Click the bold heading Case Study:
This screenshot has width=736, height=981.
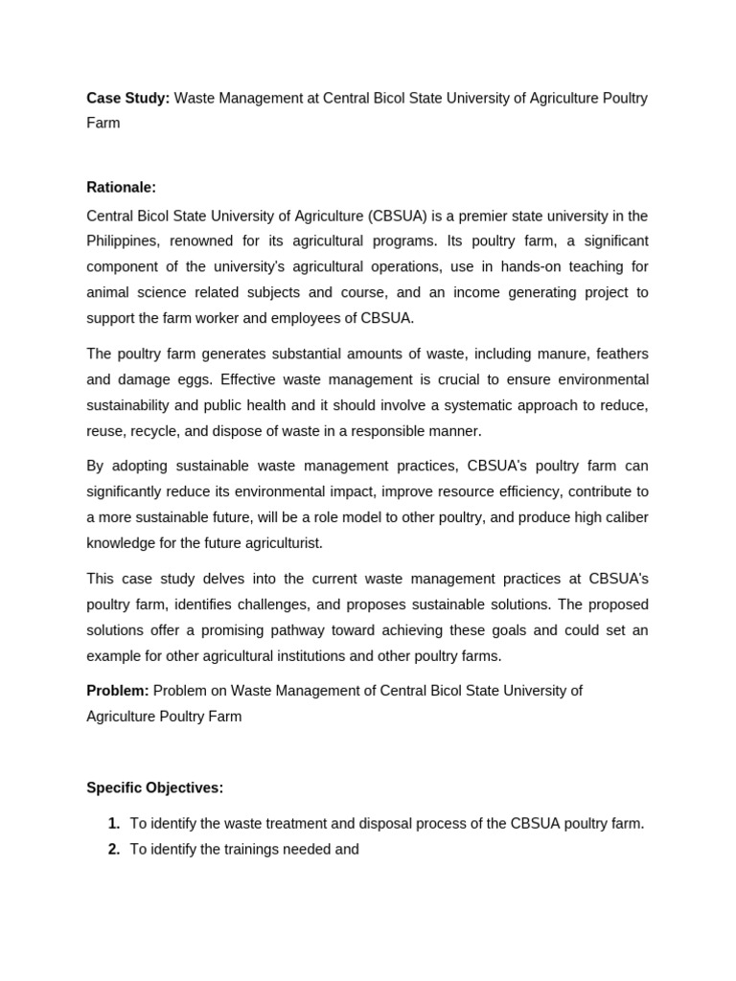click(x=127, y=98)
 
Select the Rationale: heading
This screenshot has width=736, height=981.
click(x=121, y=187)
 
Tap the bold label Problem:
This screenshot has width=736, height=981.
click(x=117, y=691)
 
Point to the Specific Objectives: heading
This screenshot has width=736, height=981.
click(x=154, y=787)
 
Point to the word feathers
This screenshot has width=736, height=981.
click(x=620, y=354)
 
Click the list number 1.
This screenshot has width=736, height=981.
click(x=114, y=823)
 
